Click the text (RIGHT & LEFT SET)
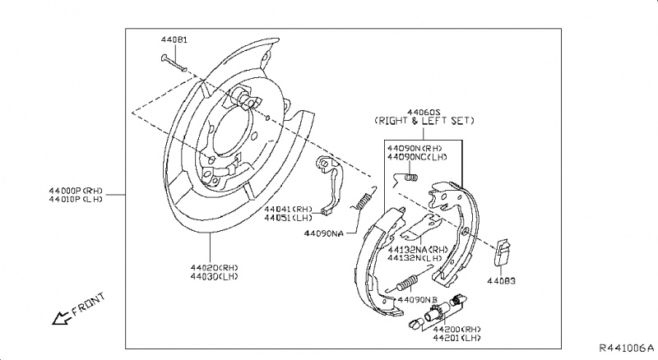pos(424,121)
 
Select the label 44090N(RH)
pos(424,149)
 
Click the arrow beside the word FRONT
pos(59,317)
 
